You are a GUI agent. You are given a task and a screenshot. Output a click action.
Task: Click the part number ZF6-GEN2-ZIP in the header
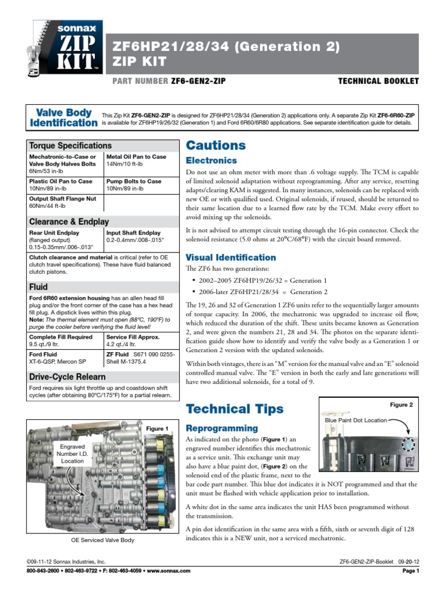click(x=198, y=81)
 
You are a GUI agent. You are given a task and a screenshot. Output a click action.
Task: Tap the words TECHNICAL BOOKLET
click(x=378, y=81)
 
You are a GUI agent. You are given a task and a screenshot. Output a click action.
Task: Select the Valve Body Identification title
click(x=64, y=118)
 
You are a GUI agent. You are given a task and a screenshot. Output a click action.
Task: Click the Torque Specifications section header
click(x=70, y=145)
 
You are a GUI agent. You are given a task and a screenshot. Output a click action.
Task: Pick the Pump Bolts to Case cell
click(x=139, y=185)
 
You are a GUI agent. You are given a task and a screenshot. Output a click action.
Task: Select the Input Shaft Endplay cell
click(x=139, y=237)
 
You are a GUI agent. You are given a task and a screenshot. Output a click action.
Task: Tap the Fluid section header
click(x=38, y=287)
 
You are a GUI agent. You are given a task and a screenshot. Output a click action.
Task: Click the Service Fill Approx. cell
click(x=139, y=341)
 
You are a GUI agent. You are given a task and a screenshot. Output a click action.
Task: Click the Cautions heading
click(x=215, y=145)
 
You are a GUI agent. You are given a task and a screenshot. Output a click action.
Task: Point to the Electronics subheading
click(x=211, y=160)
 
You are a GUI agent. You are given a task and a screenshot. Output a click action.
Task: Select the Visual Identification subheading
click(x=230, y=257)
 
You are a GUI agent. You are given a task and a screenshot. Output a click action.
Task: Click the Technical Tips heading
click(x=234, y=409)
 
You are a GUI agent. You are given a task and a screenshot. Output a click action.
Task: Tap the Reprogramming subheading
click(x=221, y=428)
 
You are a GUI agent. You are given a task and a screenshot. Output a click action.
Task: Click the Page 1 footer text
click(x=410, y=570)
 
